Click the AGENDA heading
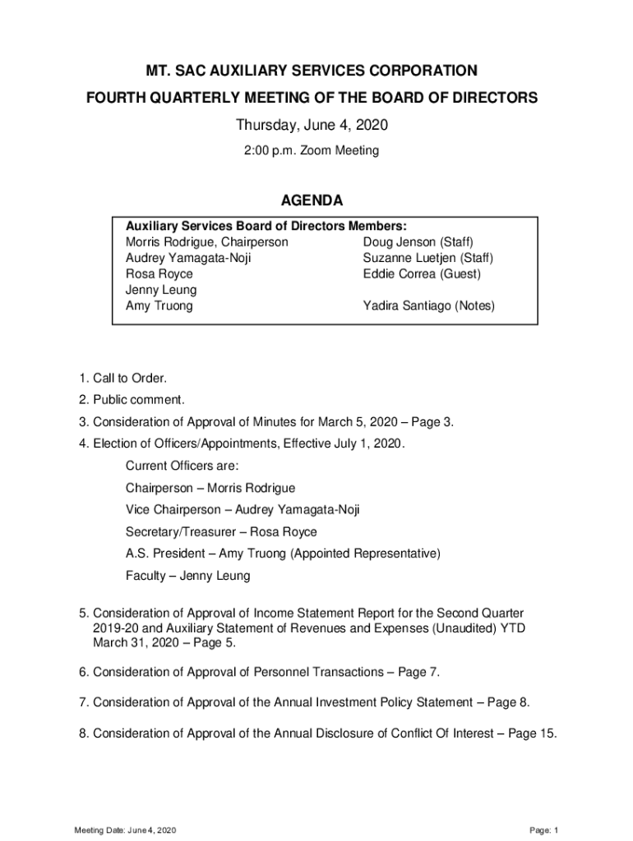pyautogui.click(x=312, y=201)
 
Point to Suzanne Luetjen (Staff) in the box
pyautogui.click(x=427, y=258)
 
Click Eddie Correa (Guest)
pyautogui.click(x=422, y=273)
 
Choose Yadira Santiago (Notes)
pyautogui.click(x=429, y=306)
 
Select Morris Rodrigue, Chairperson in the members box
pyautogui.click(x=206, y=242)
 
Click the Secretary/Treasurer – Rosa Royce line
pyautogui.click(x=221, y=532)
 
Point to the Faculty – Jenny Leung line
pyautogui.click(x=187, y=576)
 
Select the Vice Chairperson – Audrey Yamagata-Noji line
pyautogui.click(x=243, y=510)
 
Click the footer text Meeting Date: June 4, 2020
pyautogui.click(x=124, y=830)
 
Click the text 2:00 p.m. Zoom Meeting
pyautogui.click(x=312, y=151)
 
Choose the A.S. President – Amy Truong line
pyautogui.click(x=283, y=554)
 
